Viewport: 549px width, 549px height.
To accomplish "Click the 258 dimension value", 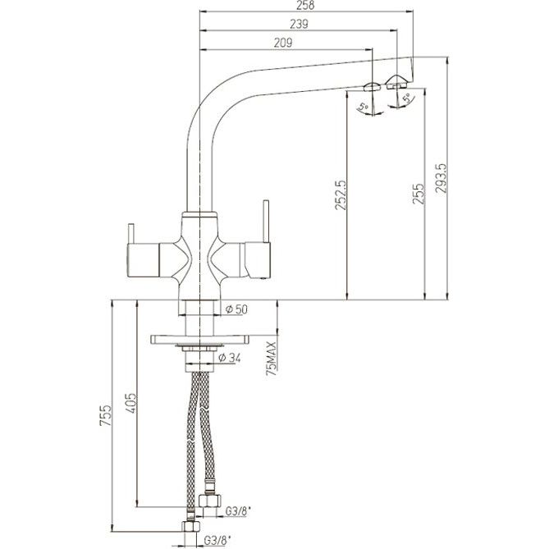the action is [305, 5].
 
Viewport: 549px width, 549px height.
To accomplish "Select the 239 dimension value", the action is [299, 24].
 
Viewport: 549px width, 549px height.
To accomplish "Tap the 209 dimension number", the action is [283, 43].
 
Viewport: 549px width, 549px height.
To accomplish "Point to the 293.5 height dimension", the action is [441, 178].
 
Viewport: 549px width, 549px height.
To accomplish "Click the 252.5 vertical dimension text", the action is [341, 195].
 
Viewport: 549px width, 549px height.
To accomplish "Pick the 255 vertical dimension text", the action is [418, 194].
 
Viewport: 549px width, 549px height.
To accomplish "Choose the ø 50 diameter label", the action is [236, 309].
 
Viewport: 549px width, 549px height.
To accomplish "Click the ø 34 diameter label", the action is [230, 358].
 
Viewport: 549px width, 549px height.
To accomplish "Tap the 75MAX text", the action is [272, 358].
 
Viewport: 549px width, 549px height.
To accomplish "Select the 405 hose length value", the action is [130, 403].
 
